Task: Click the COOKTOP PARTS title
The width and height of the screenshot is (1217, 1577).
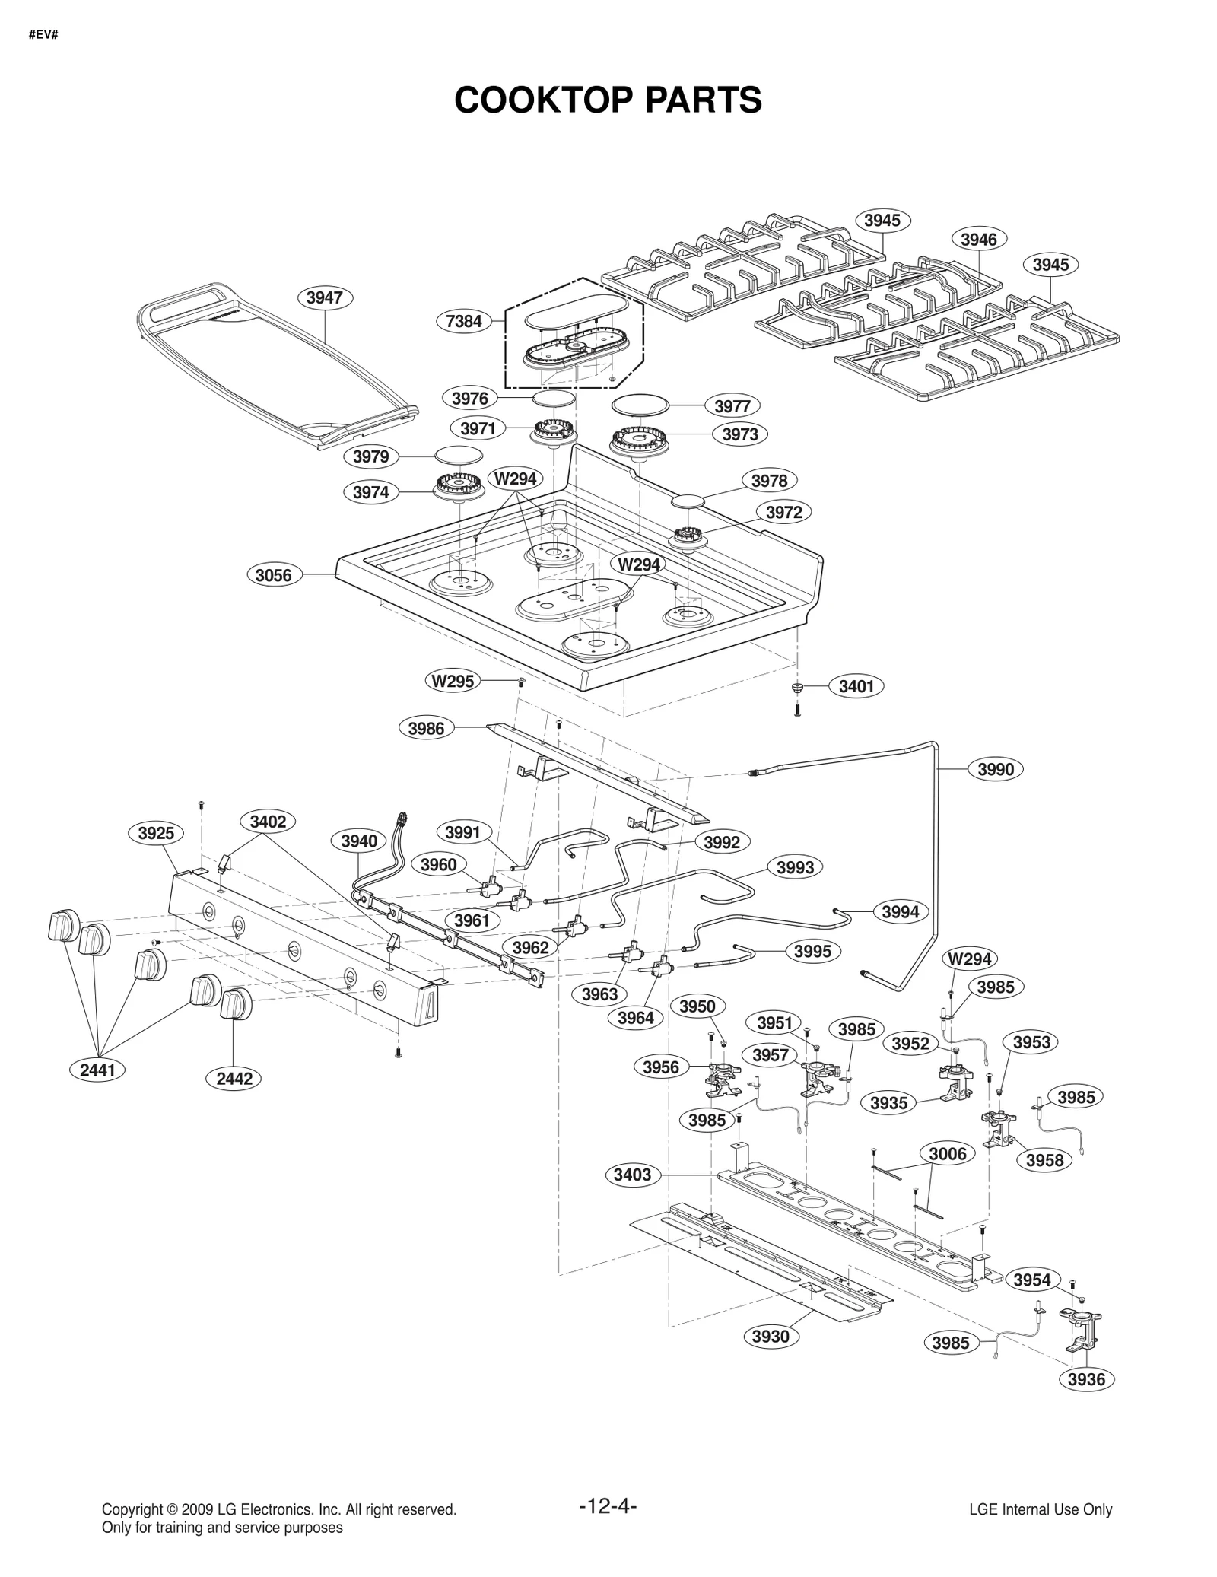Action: click(x=608, y=100)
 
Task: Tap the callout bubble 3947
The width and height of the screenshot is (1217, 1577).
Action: click(x=324, y=297)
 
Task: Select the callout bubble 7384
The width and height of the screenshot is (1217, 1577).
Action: click(x=463, y=321)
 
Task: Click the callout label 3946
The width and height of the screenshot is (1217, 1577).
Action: click(x=978, y=240)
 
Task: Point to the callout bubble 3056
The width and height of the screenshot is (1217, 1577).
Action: click(x=273, y=575)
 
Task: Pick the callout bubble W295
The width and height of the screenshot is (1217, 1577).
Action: click(x=453, y=681)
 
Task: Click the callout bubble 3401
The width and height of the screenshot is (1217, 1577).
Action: click(x=856, y=686)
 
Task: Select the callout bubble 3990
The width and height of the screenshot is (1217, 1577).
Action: click(x=996, y=769)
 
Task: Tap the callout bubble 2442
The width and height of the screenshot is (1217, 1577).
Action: click(x=234, y=1078)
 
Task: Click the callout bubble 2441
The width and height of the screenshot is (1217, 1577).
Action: click(x=97, y=1070)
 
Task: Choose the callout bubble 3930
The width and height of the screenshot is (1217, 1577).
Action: click(x=771, y=1337)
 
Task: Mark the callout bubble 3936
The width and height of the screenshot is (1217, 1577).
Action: click(x=1086, y=1379)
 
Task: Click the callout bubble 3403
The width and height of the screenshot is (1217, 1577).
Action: click(x=632, y=1175)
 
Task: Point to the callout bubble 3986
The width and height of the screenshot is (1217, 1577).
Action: click(x=426, y=728)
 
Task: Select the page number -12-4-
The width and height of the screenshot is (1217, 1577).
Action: click(x=608, y=1506)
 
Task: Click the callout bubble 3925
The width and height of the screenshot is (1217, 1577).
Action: click(x=156, y=833)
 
